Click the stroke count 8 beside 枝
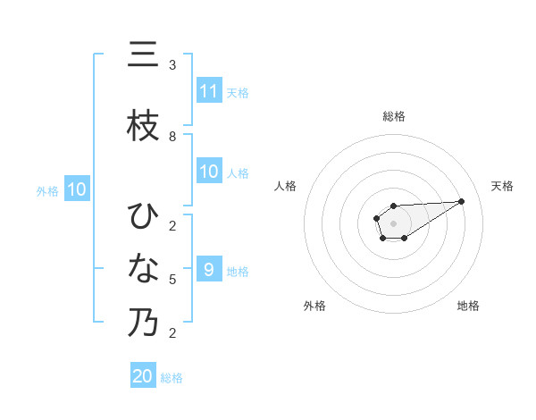point(172,137)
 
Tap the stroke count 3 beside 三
point(172,65)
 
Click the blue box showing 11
point(209,91)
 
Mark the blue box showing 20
point(143,376)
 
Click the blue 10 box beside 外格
point(77,189)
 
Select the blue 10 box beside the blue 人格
point(209,172)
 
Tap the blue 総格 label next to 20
point(172,378)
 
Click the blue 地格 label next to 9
point(238,271)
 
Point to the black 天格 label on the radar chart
point(503,186)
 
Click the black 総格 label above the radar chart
point(394,116)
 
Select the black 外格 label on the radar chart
point(314,306)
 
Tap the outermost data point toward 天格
point(462,201)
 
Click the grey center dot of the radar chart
point(393,222)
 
